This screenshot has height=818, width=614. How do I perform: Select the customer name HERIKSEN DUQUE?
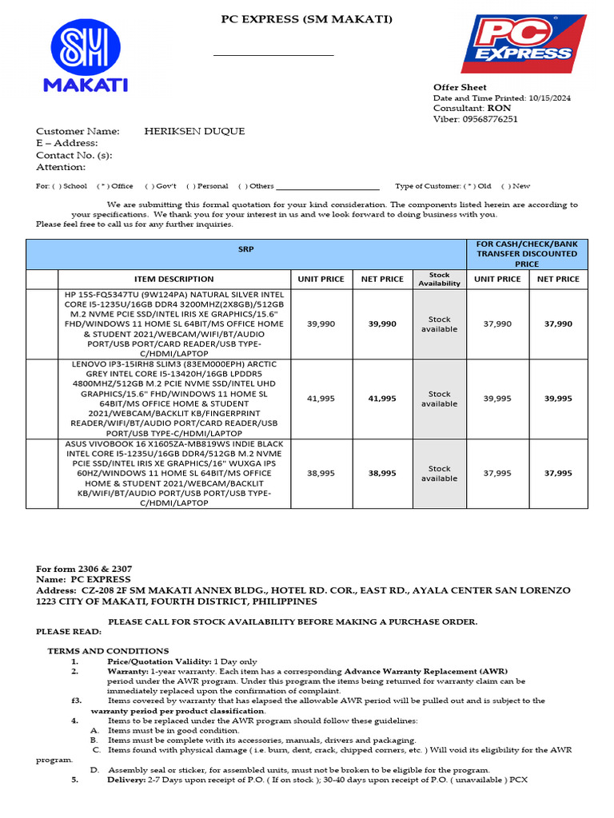[x=194, y=131]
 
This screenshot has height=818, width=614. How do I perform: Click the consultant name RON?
[x=500, y=108]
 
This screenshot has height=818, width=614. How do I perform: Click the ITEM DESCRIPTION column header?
[x=173, y=279]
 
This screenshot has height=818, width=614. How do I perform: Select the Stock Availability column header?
[x=439, y=279]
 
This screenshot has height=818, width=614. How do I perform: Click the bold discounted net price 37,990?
[x=558, y=324]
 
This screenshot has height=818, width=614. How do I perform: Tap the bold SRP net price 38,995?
[x=382, y=473]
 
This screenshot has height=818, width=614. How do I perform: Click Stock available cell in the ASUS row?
[x=439, y=473]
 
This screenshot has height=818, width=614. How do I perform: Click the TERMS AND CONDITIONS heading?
[x=108, y=651]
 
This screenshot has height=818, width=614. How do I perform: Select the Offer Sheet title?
[x=460, y=87]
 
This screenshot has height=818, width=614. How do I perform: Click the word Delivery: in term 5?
[x=126, y=780]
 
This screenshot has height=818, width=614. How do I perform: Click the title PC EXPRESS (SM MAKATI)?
[x=307, y=19]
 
